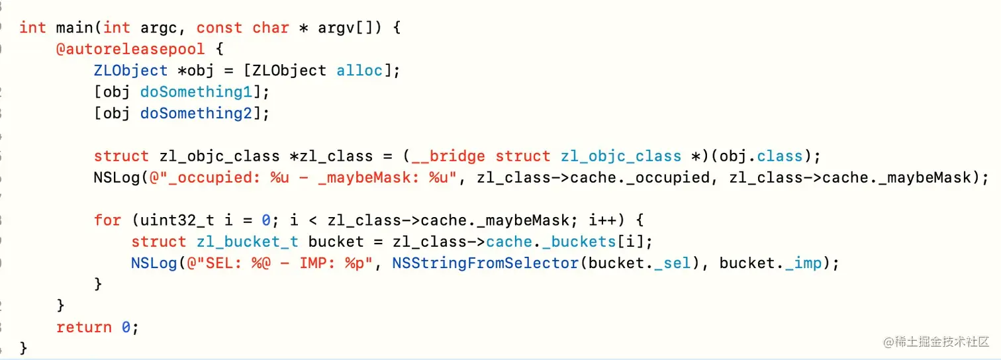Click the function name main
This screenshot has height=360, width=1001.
74,27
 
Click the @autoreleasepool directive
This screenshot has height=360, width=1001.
130,48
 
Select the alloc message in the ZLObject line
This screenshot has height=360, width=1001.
359,69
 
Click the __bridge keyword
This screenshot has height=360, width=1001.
448,156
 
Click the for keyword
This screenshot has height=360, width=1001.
107,220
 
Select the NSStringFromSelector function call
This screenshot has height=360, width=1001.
485,263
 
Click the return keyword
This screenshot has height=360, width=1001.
84,328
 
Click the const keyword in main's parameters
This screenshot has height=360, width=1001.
219,27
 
